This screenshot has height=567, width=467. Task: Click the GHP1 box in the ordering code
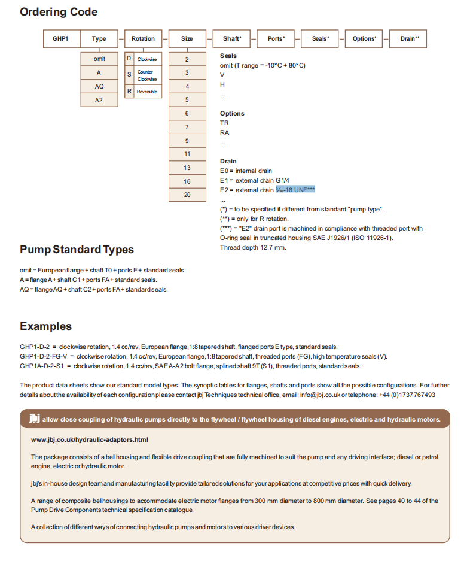click(61, 39)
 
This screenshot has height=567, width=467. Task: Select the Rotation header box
click(143, 39)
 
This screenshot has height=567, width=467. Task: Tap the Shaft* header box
click(231, 39)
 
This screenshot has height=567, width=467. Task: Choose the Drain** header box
click(410, 39)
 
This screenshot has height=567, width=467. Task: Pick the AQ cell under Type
click(99, 86)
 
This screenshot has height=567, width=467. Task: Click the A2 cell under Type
click(99, 100)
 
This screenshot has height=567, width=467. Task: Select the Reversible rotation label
click(147, 92)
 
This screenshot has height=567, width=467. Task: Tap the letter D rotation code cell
click(129, 59)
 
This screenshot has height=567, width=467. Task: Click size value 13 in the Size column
click(187, 168)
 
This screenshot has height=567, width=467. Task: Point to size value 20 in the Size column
click(187, 195)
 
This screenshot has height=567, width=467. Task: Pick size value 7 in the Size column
click(187, 127)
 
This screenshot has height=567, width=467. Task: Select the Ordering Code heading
click(59, 12)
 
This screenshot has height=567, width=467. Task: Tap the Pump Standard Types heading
click(77, 250)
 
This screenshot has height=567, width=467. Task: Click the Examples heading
click(45, 326)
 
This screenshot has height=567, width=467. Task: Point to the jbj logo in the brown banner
click(35, 419)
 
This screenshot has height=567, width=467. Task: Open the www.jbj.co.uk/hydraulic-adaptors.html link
click(89, 439)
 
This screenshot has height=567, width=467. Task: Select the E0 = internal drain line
click(246, 171)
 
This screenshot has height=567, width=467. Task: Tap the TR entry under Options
click(224, 123)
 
